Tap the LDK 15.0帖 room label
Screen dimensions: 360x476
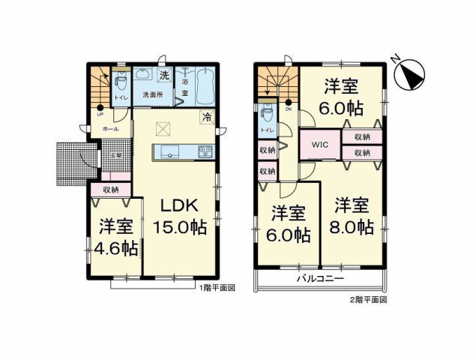[x=180, y=214]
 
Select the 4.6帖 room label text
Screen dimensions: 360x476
[x=115, y=236]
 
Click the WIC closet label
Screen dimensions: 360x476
[x=321, y=145]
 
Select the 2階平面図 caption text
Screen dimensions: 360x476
[x=367, y=299]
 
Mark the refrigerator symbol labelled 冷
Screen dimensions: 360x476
[x=206, y=116]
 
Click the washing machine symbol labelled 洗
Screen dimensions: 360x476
[x=165, y=76]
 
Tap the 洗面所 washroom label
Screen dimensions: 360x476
[x=154, y=95]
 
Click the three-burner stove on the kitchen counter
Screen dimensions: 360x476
[x=205, y=152]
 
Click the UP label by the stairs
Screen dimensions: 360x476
[x=100, y=115]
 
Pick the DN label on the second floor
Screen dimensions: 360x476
[x=289, y=109]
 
